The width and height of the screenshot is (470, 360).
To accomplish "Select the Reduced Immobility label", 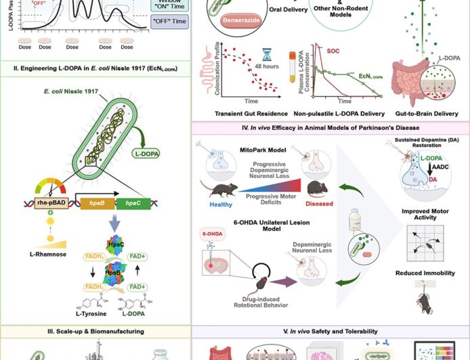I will coord(425,273).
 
